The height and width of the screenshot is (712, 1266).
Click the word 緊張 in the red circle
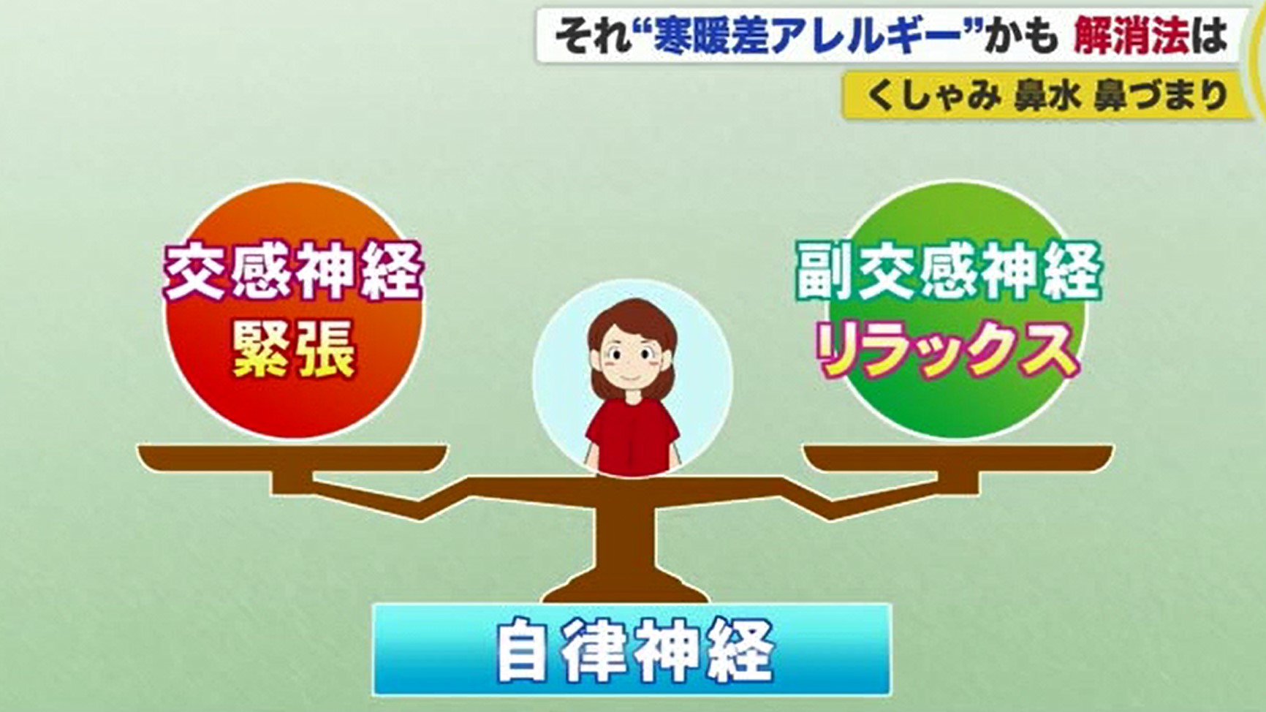[x=294, y=351]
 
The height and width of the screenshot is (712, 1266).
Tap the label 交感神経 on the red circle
[x=293, y=271]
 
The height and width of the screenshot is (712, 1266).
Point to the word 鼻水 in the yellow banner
[x=1047, y=95]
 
